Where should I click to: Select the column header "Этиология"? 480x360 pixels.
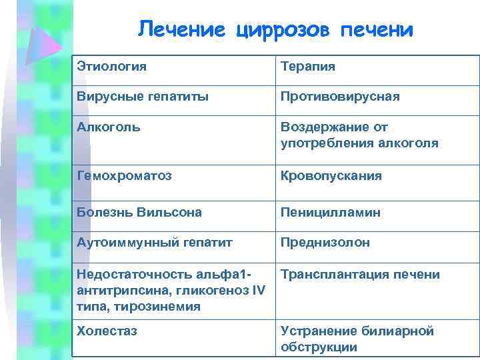click(111, 67)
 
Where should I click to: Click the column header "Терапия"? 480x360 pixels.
click(307, 67)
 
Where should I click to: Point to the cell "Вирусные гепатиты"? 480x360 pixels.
click(143, 97)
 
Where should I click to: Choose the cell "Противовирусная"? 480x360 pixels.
click(340, 97)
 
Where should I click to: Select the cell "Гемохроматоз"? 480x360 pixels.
click(124, 176)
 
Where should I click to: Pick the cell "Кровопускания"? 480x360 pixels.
click(331, 176)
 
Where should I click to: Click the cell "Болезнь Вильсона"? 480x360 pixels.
click(139, 212)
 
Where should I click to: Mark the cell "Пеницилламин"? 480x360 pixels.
click(330, 212)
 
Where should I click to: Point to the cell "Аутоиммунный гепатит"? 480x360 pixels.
click(155, 243)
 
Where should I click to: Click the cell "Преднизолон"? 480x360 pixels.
click(325, 243)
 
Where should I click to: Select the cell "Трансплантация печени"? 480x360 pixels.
click(360, 275)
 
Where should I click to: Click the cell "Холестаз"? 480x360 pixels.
click(107, 331)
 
